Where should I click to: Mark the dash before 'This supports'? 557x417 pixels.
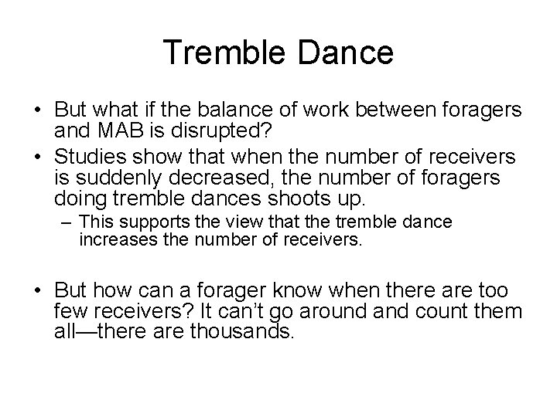tap(67, 222)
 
